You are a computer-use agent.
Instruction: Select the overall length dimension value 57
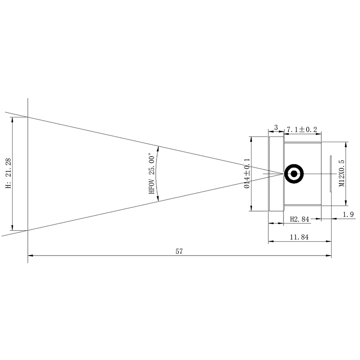[179, 251]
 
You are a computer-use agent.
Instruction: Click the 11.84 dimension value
[299, 237]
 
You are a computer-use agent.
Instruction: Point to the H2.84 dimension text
[300, 219]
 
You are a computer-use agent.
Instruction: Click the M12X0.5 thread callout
[342, 173]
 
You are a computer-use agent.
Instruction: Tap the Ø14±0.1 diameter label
[246, 173]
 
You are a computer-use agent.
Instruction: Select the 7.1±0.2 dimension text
[302, 130]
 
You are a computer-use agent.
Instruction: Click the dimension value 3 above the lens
[275, 128]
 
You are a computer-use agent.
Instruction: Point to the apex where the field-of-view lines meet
[283, 174]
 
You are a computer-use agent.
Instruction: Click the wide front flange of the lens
[276, 174]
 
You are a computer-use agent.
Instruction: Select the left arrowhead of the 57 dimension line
[30, 256]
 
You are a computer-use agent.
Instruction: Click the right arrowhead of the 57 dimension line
[329, 256]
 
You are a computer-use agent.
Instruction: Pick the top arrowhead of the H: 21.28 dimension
[13, 119]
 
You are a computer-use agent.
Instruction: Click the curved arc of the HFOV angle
[159, 174]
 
